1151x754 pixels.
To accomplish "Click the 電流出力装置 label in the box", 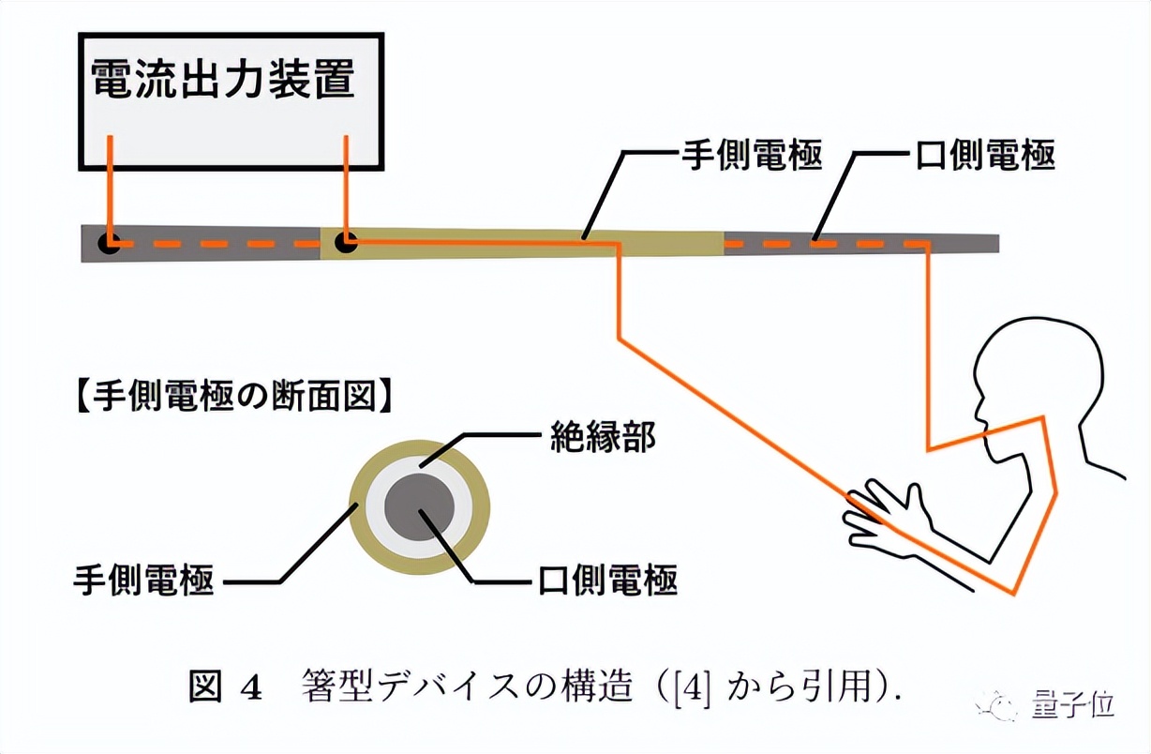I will tap(223, 80).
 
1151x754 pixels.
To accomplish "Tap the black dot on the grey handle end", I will tap(110, 244).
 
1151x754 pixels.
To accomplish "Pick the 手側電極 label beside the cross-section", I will tap(143, 581).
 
